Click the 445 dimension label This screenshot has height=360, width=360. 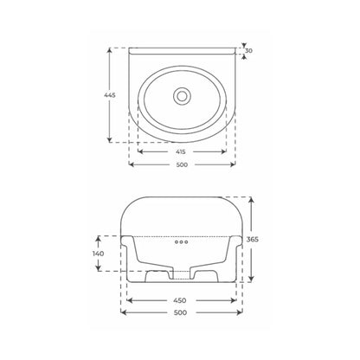[x=110, y=95]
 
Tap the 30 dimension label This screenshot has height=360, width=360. [x=248, y=51]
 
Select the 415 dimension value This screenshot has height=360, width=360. [x=181, y=151]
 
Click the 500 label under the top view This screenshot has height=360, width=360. [x=182, y=164]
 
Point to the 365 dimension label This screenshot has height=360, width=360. [x=253, y=239]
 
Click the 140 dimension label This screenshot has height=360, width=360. [x=99, y=254]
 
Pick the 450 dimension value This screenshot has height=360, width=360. [x=180, y=300]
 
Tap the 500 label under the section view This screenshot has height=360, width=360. [x=181, y=312]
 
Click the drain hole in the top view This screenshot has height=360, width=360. [x=182, y=96]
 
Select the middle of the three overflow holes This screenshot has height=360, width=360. [x=182, y=241]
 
